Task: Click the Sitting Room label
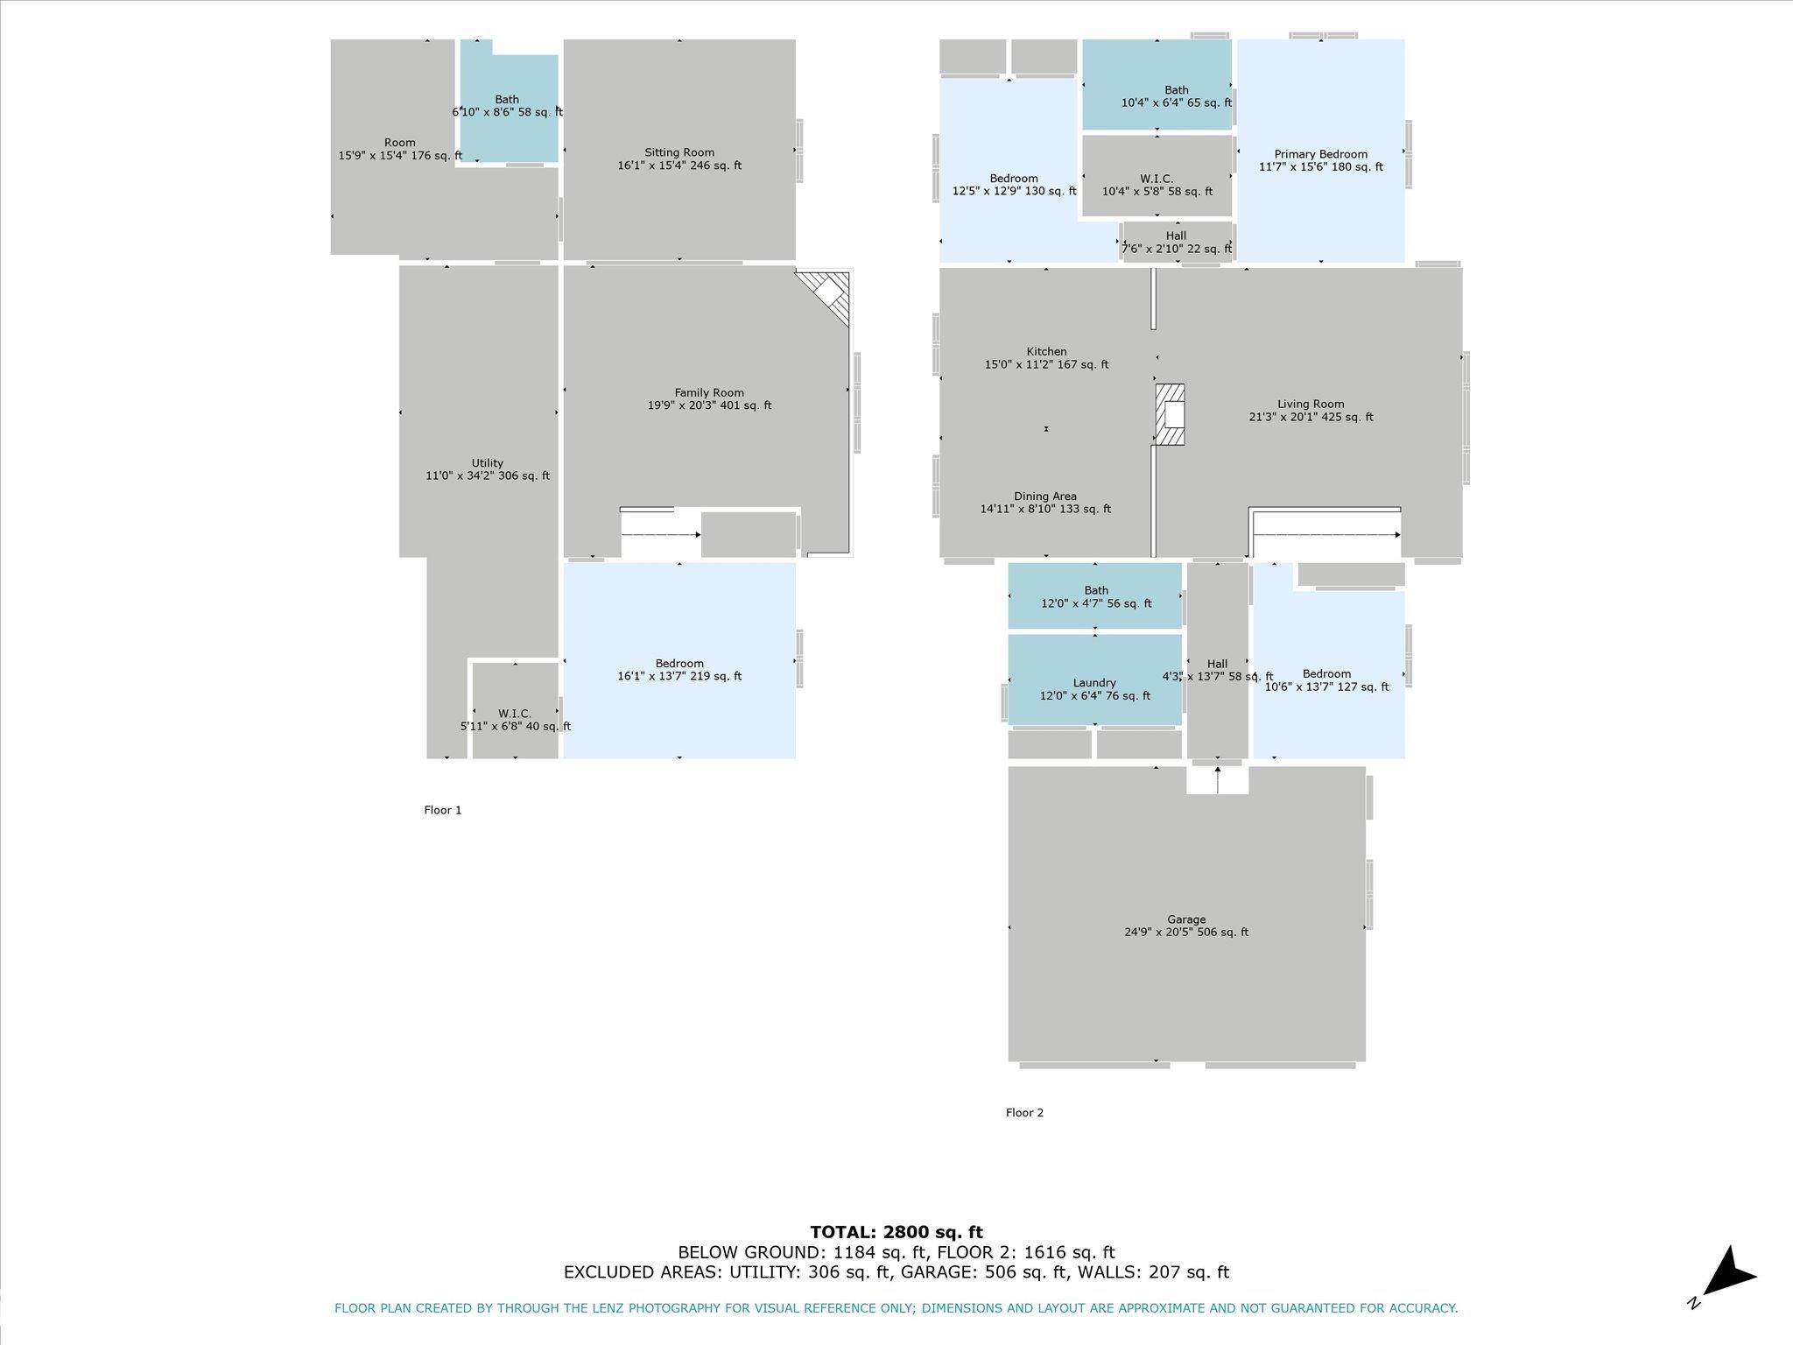tap(679, 158)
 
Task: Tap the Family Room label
tap(709, 398)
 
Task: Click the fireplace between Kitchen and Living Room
tap(1171, 414)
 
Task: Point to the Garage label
tap(1186, 926)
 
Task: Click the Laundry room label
tap(1094, 689)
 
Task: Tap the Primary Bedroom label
tap(1320, 160)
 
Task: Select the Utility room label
tap(488, 469)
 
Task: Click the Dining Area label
tap(1045, 502)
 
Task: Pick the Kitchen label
tap(1046, 357)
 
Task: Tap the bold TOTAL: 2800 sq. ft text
tap(896, 1232)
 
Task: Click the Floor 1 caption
tap(442, 810)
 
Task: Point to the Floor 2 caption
tap(1024, 1113)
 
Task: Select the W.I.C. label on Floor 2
tap(1157, 185)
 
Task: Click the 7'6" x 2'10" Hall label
tap(1176, 243)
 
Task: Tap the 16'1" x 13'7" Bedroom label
tap(679, 670)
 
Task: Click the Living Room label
tap(1311, 411)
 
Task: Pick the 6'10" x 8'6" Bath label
tap(507, 106)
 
